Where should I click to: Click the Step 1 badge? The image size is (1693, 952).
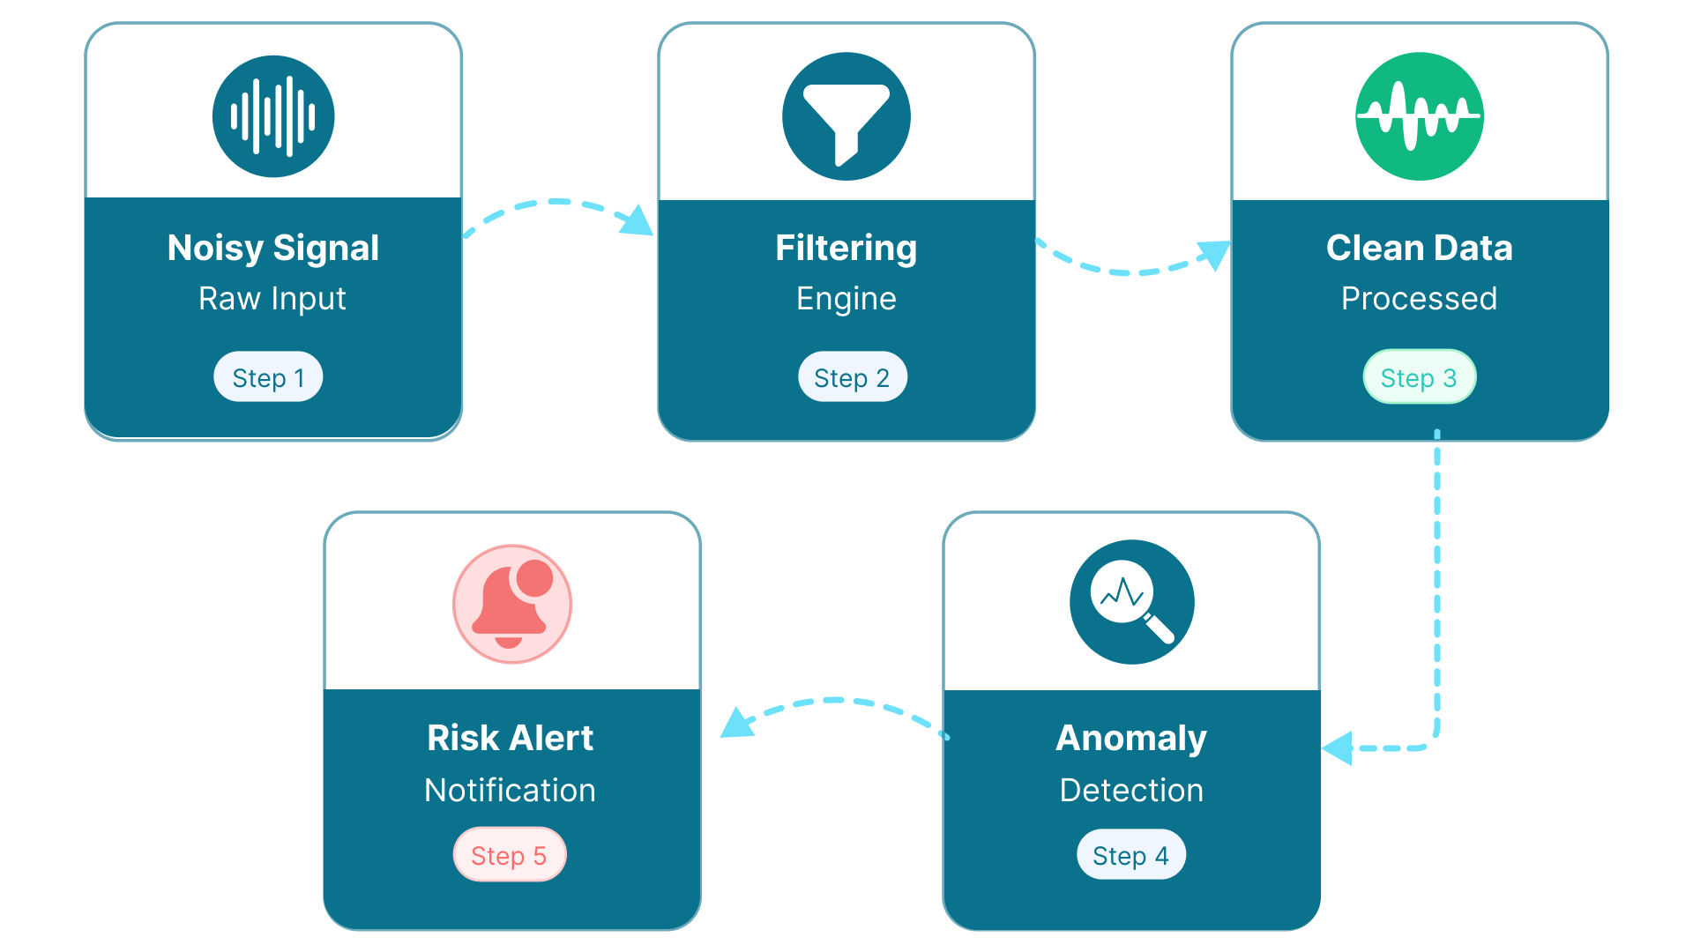(x=268, y=377)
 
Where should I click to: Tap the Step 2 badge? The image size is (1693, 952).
(x=852, y=377)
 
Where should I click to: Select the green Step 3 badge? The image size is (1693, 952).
(x=1419, y=377)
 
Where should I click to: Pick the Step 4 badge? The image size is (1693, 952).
(x=1130, y=854)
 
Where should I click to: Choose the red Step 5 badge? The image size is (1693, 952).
(x=509, y=854)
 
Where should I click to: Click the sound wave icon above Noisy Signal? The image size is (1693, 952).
(x=273, y=116)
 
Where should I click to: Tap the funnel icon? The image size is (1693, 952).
(x=846, y=116)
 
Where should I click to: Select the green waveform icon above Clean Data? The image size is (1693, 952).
(x=1419, y=116)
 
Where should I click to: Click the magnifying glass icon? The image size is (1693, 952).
(x=1131, y=602)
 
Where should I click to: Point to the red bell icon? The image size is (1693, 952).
(x=511, y=604)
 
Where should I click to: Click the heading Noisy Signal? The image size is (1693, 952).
(x=273, y=248)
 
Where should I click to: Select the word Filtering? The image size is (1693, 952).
(x=846, y=248)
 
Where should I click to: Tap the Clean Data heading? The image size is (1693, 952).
(x=1419, y=248)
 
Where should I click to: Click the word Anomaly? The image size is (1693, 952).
(x=1131, y=738)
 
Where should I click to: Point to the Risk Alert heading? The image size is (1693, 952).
(x=510, y=738)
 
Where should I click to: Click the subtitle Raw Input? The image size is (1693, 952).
(x=272, y=299)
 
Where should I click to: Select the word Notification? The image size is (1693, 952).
(x=510, y=790)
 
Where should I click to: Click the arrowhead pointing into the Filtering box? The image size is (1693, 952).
(x=638, y=222)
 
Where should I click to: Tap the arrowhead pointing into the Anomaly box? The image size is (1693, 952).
(x=1339, y=748)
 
